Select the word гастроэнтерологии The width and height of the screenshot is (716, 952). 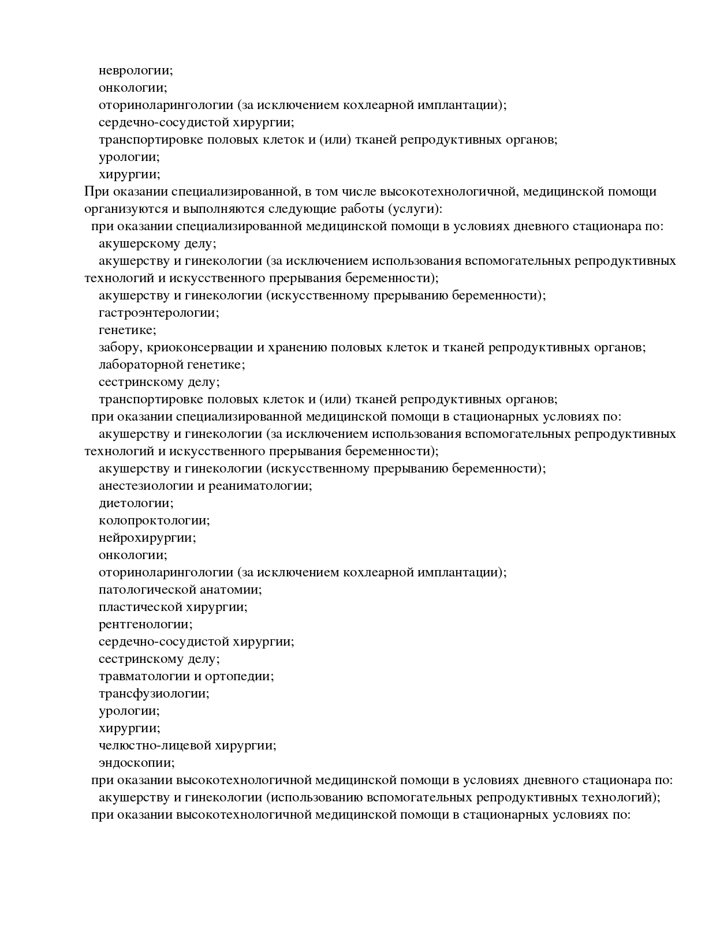click(x=159, y=313)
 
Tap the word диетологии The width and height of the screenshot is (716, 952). click(x=136, y=503)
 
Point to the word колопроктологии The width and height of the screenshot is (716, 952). click(x=154, y=520)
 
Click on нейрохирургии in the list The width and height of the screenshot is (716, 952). click(x=147, y=538)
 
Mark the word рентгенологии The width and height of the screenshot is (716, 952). click(x=146, y=624)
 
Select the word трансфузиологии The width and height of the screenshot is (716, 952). click(x=154, y=694)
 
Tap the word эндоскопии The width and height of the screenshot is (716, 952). click(x=136, y=763)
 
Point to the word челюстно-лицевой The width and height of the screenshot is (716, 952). click(x=155, y=745)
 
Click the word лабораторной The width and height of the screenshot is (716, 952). click(x=140, y=365)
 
